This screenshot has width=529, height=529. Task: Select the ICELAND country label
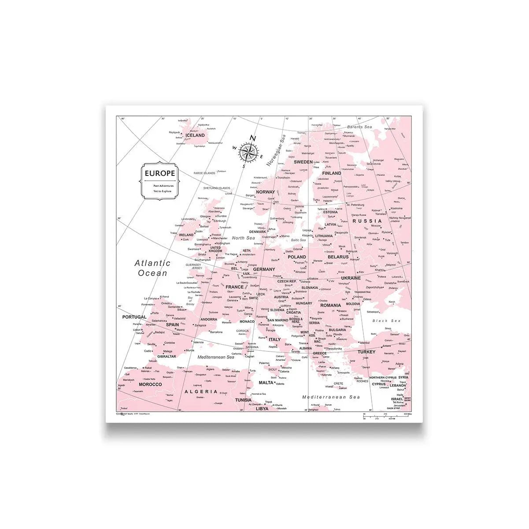pyautogui.click(x=195, y=136)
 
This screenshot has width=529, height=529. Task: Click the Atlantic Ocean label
pyautogui.click(x=152, y=268)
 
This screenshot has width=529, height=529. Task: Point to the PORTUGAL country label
pyautogui.click(x=134, y=317)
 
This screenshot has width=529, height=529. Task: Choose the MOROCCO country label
pyautogui.click(x=150, y=384)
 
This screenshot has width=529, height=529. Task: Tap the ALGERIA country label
pyautogui.click(x=201, y=391)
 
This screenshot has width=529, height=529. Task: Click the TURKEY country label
pyautogui.click(x=366, y=352)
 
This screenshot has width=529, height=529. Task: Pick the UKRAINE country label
pyautogui.click(x=351, y=278)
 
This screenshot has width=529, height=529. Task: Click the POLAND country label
pyautogui.click(x=297, y=257)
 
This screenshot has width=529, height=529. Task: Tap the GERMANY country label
pyautogui.click(x=264, y=269)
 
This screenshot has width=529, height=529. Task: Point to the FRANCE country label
pyautogui.click(x=234, y=287)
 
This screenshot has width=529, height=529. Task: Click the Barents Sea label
pyautogui.click(x=359, y=127)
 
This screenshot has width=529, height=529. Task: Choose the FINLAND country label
pyautogui.click(x=331, y=173)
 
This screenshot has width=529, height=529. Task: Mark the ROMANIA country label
pyautogui.click(x=330, y=305)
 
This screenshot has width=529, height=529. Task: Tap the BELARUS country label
pyautogui.click(x=338, y=256)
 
